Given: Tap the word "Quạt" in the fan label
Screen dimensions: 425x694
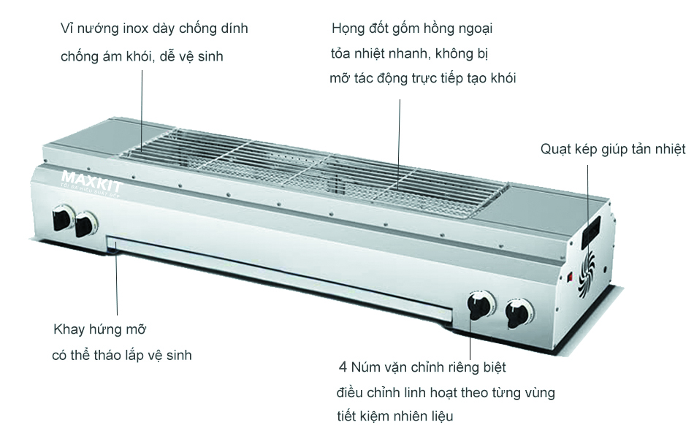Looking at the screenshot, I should [556, 150].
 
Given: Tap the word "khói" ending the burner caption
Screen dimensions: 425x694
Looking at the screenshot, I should [500, 78].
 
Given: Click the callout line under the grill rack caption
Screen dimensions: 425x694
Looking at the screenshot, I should [142, 110].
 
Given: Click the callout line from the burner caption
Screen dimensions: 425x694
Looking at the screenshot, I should [399, 139].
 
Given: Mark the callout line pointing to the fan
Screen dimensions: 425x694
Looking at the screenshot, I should [589, 194].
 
